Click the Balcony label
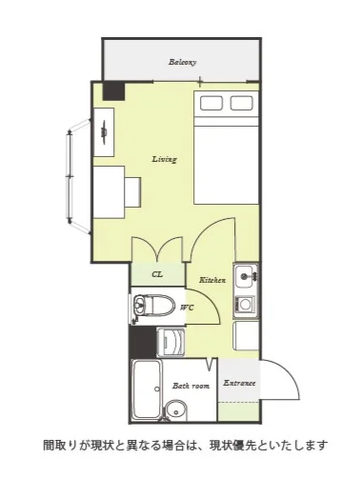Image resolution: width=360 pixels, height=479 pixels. [x=182, y=62]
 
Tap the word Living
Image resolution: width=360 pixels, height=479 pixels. [x=164, y=159]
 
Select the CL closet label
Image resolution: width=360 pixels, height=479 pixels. [x=157, y=274]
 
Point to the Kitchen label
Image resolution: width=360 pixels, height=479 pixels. [x=212, y=280]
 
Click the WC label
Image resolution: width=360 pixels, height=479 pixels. [x=187, y=308]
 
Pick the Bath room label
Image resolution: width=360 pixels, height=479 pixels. [x=190, y=386]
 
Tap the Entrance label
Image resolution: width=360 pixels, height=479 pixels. [x=239, y=383]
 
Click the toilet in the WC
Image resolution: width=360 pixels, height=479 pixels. [x=153, y=306]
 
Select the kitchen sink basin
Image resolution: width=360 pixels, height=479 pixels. [x=246, y=275]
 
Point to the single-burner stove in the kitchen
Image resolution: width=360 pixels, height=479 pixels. [x=245, y=305]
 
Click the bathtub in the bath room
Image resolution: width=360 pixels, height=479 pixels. [x=147, y=389]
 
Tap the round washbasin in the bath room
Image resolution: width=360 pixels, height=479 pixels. [x=175, y=410]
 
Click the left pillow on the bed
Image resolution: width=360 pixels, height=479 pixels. [x=211, y=103]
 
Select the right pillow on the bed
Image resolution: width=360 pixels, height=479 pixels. [x=242, y=103]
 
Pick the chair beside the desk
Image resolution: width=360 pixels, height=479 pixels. [x=132, y=192]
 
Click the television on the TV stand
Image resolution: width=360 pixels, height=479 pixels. [x=104, y=131]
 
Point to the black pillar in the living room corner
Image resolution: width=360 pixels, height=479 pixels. [x=113, y=91]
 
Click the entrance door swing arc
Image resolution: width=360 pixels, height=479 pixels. [x=289, y=369]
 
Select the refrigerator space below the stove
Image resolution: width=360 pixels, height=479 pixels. [x=246, y=336]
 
